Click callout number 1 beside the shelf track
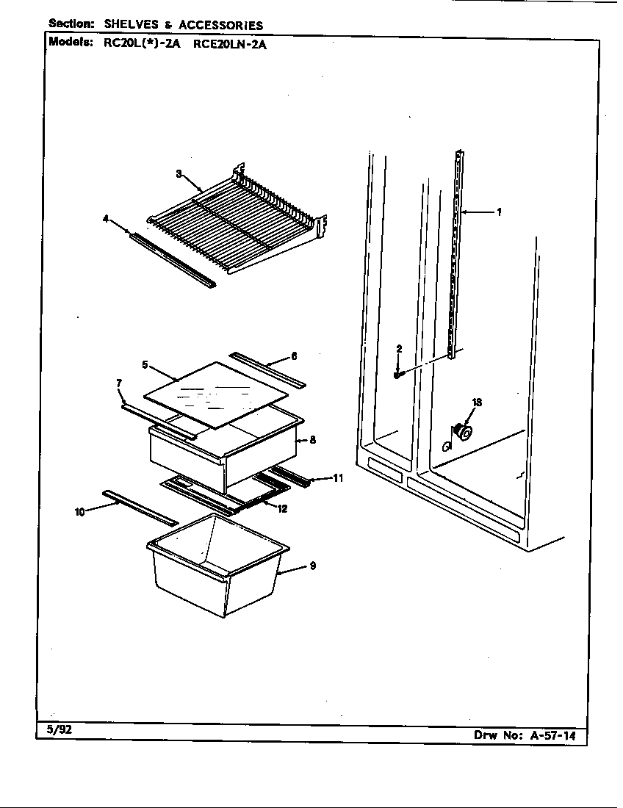click(499, 212)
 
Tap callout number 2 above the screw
click(399, 348)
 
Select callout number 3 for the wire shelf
click(179, 173)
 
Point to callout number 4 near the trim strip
click(106, 218)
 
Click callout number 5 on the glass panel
click(145, 364)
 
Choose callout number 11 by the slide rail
click(338, 479)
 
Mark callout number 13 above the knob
click(477, 402)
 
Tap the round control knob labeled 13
click(464, 433)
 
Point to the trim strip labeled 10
click(140, 508)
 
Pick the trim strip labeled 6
click(267, 369)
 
